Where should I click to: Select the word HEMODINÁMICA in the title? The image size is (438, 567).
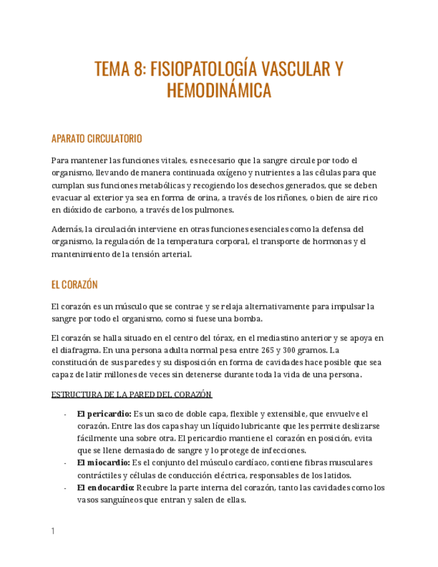[x=219, y=92]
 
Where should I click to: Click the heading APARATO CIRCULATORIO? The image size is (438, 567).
[x=96, y=139]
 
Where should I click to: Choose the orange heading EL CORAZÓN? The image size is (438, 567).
[x=74, y=285]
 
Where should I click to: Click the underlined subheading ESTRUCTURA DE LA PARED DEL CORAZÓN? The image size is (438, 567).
[x=131, y=394]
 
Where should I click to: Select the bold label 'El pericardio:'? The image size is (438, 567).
[x=104, y=415]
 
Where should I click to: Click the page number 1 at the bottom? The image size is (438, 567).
[x=53, y=532]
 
